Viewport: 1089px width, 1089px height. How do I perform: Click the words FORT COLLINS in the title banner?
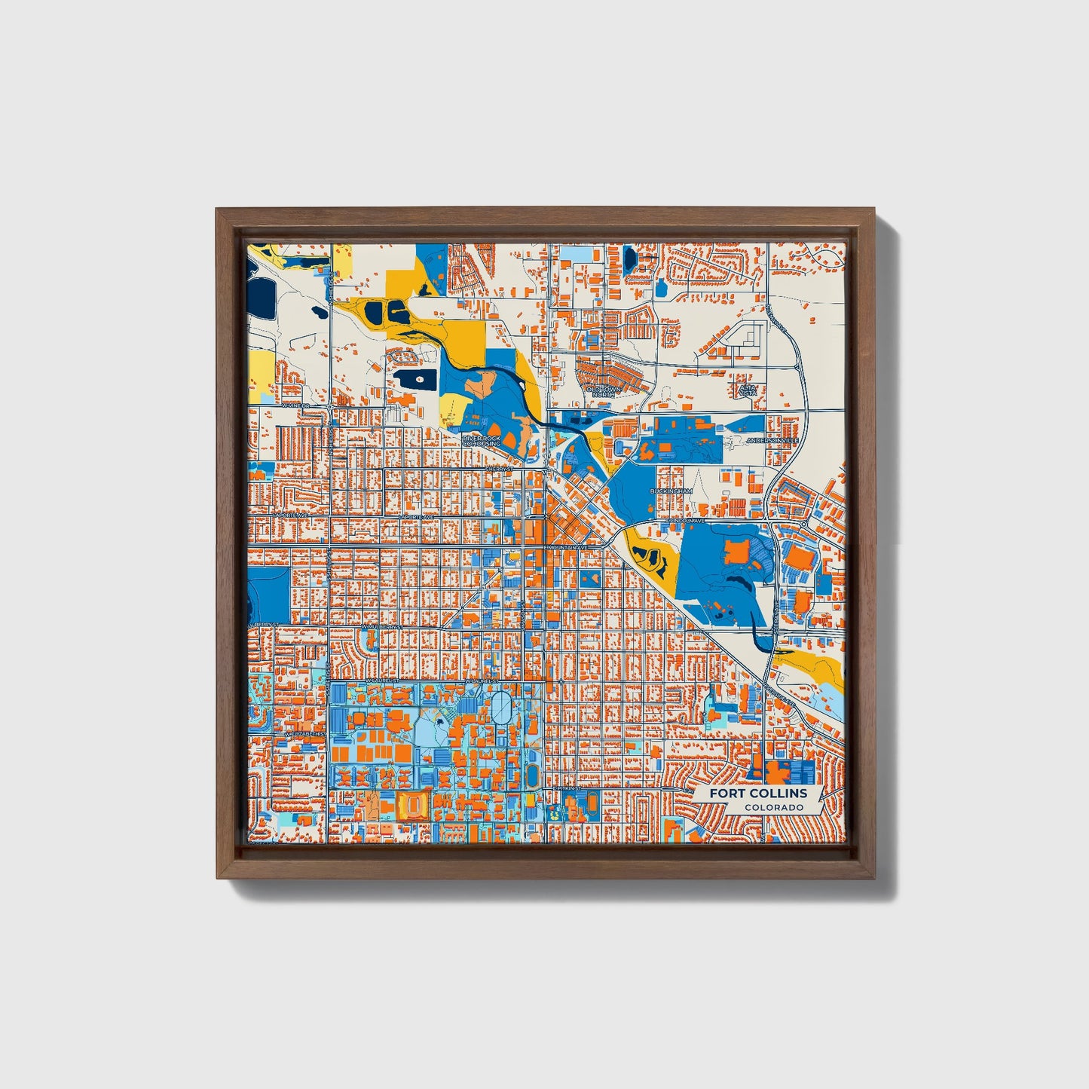point(758,793)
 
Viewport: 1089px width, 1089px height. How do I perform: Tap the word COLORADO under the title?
point(773,808)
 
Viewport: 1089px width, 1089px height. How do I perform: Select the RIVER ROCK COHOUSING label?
point(482,441)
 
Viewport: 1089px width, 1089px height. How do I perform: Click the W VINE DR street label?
point(296,405)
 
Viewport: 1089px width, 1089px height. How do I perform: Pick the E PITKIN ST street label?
point(568,788)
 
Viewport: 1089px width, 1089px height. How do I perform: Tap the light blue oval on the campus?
point(501,708)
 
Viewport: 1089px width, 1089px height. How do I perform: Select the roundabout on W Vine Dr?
point(331,407)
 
